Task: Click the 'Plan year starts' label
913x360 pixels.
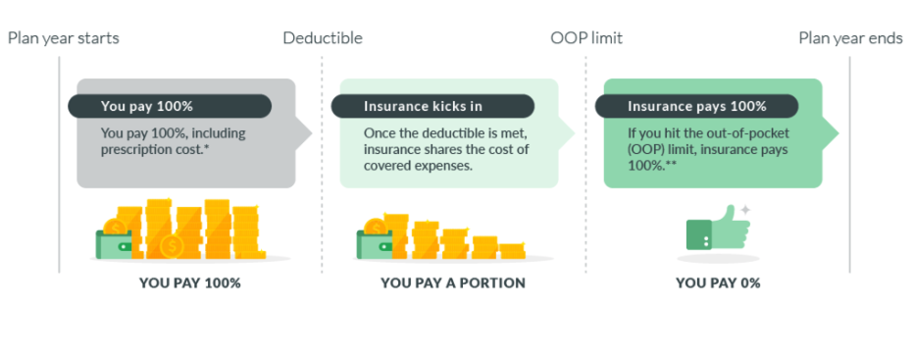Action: tap(64, 38)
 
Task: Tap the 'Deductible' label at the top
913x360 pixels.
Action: tap(323, 38)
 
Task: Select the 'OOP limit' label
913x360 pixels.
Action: tap(586, 38)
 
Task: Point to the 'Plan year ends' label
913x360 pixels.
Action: tap(850, 38)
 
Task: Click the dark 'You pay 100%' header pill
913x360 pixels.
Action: tap(170, 107)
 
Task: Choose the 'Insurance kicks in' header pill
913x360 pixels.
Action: tap(432, 107)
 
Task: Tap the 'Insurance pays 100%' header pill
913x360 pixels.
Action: tap(696, 107)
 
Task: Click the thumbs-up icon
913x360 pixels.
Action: tap(718, 229)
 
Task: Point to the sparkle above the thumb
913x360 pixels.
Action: tap(744, 210)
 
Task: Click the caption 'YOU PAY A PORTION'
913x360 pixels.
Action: tap(453, 283)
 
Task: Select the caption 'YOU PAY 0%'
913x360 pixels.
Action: tap(718, 283)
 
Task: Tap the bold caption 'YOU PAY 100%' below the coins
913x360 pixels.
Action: tap(190, 283)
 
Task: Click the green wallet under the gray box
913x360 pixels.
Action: tap(114, 244)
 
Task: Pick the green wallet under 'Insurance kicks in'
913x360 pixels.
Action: tap(374, 244)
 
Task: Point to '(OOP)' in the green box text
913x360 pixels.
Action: tap(644, 150)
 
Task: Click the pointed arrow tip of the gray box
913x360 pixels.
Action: tap(312, 133)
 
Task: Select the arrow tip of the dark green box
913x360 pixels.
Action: tap(837, 133)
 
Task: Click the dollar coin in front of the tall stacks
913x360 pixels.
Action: tap(172, 246)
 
